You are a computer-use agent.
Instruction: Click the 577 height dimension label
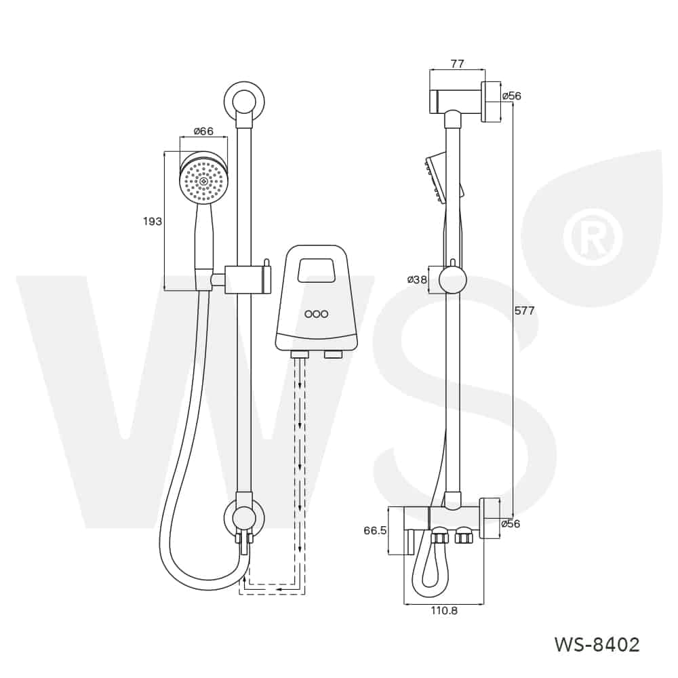pyautogui.click(x=525, y=311)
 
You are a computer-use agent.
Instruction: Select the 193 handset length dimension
pyautogui.click(x=152, y=222)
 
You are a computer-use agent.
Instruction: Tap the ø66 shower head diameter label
pyautogui.click(x=203, y=131)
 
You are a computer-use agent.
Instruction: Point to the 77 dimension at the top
pyautogui.click(x=458, y=64)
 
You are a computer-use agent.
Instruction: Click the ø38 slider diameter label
pyautogui.click(x=417, y=279)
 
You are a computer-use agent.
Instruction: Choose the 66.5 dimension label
pyautogui.click(x=375, y=531)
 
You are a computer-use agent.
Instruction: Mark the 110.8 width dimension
pyautogui.click(x=444, y=611)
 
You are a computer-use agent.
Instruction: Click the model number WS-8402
pyautogui.click(x=597, y=645)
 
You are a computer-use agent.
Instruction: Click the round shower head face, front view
pyautogui.click(x=203, y=181)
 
